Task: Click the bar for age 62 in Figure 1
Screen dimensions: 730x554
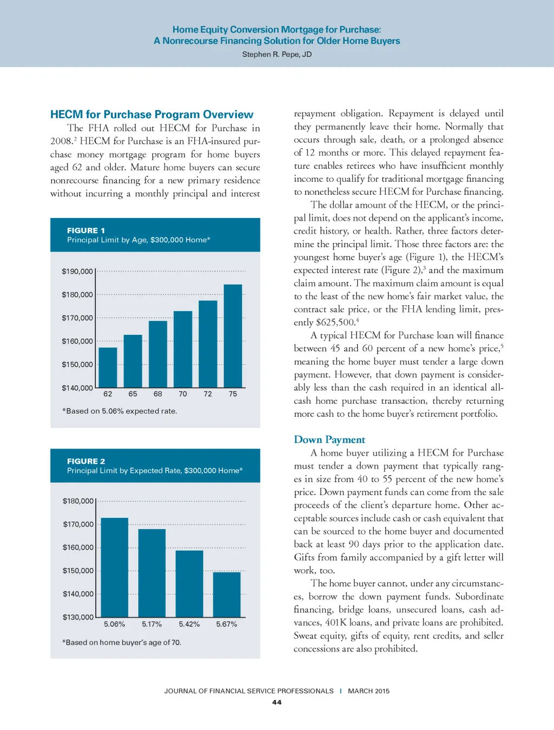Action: [108, 367]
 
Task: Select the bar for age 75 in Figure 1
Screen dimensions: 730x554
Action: [233, 336]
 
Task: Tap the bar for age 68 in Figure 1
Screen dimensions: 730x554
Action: [158, 354]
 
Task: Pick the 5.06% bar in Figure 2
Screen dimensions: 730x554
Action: [115, 568]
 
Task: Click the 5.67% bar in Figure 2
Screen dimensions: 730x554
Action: [227, 595]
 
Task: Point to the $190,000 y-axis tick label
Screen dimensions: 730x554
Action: [77, 271]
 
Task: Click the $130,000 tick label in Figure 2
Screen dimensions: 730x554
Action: [78, 617]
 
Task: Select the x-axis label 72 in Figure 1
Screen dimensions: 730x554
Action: [208, 394]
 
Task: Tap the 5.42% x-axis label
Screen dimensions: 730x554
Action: [189, 624]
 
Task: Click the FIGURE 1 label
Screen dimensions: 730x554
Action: [86, 231]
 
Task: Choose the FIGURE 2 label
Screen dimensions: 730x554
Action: [86, 461]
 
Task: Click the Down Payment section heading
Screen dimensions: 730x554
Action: [329, 439]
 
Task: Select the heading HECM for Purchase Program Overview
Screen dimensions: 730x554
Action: [151, 115]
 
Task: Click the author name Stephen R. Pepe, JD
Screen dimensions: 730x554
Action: [277, 54]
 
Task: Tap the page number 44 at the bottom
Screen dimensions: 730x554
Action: [277, 702]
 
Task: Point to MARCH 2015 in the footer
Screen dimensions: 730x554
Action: [368, 691]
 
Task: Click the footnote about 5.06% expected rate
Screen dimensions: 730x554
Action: [120, 411]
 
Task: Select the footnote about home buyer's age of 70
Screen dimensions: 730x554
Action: [122, 642]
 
